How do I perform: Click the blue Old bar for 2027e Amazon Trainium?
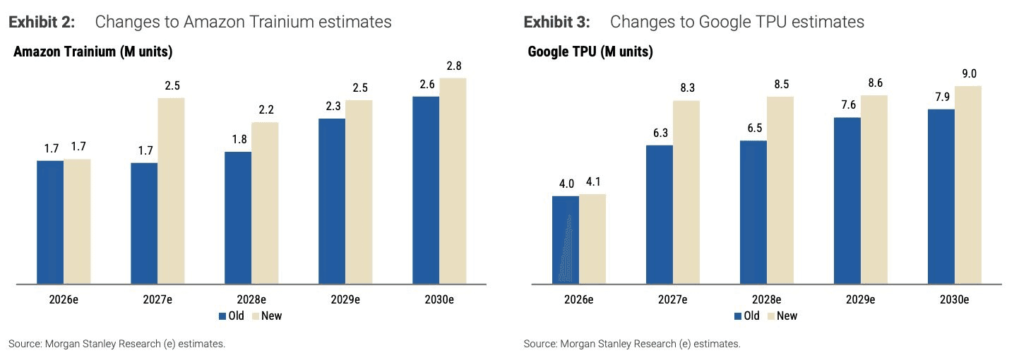click(x=144, y=224)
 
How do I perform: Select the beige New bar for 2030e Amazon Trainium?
click(x=453, y=181)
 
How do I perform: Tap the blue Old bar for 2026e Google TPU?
click(x=566, y=240)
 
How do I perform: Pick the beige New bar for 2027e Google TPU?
click(x=686, y=192)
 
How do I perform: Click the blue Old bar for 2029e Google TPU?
click(x=847, y=200)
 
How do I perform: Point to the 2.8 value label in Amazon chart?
click(x=453, y=66)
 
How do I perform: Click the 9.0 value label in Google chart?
click(x=969, y=73)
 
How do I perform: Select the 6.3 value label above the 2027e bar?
click(x=660, y=133)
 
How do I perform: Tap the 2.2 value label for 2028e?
click(x=266, y=109)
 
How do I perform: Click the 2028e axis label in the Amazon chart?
click(x=251, y=299)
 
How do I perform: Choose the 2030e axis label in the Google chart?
click(x=954, y=299)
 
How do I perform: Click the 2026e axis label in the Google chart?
click(x=578, y=299)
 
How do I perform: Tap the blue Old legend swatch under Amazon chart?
click(x=222, y=316)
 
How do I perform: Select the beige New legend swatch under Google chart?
click(x=771, y=316)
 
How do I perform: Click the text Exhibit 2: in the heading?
click(x=42, y=22)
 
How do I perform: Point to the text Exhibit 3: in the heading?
click(x=557, y=22)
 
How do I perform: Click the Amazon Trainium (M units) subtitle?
click(x=93, y=52)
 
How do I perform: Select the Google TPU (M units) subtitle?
click(x=590, y=52)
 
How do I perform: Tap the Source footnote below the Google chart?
click(x=632, y=344)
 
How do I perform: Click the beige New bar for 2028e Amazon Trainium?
click(x=265, y=203)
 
